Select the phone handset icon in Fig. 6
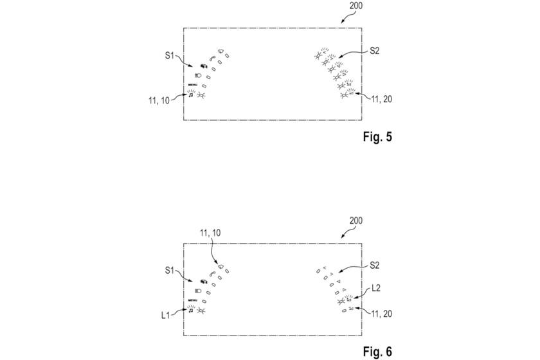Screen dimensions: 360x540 [x=212, y=272]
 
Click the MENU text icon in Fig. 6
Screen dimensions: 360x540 [x=192, y=300]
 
